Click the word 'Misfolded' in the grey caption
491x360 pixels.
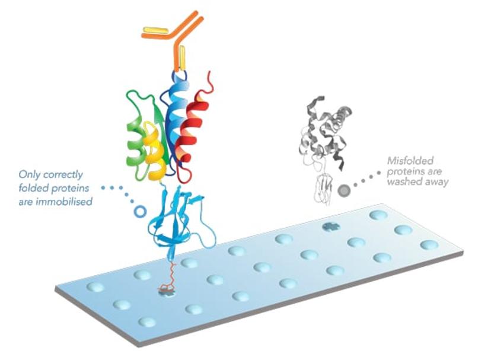410,160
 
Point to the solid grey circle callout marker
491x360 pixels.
344,190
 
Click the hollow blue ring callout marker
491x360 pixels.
140,211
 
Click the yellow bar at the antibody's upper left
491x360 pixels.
156,29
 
